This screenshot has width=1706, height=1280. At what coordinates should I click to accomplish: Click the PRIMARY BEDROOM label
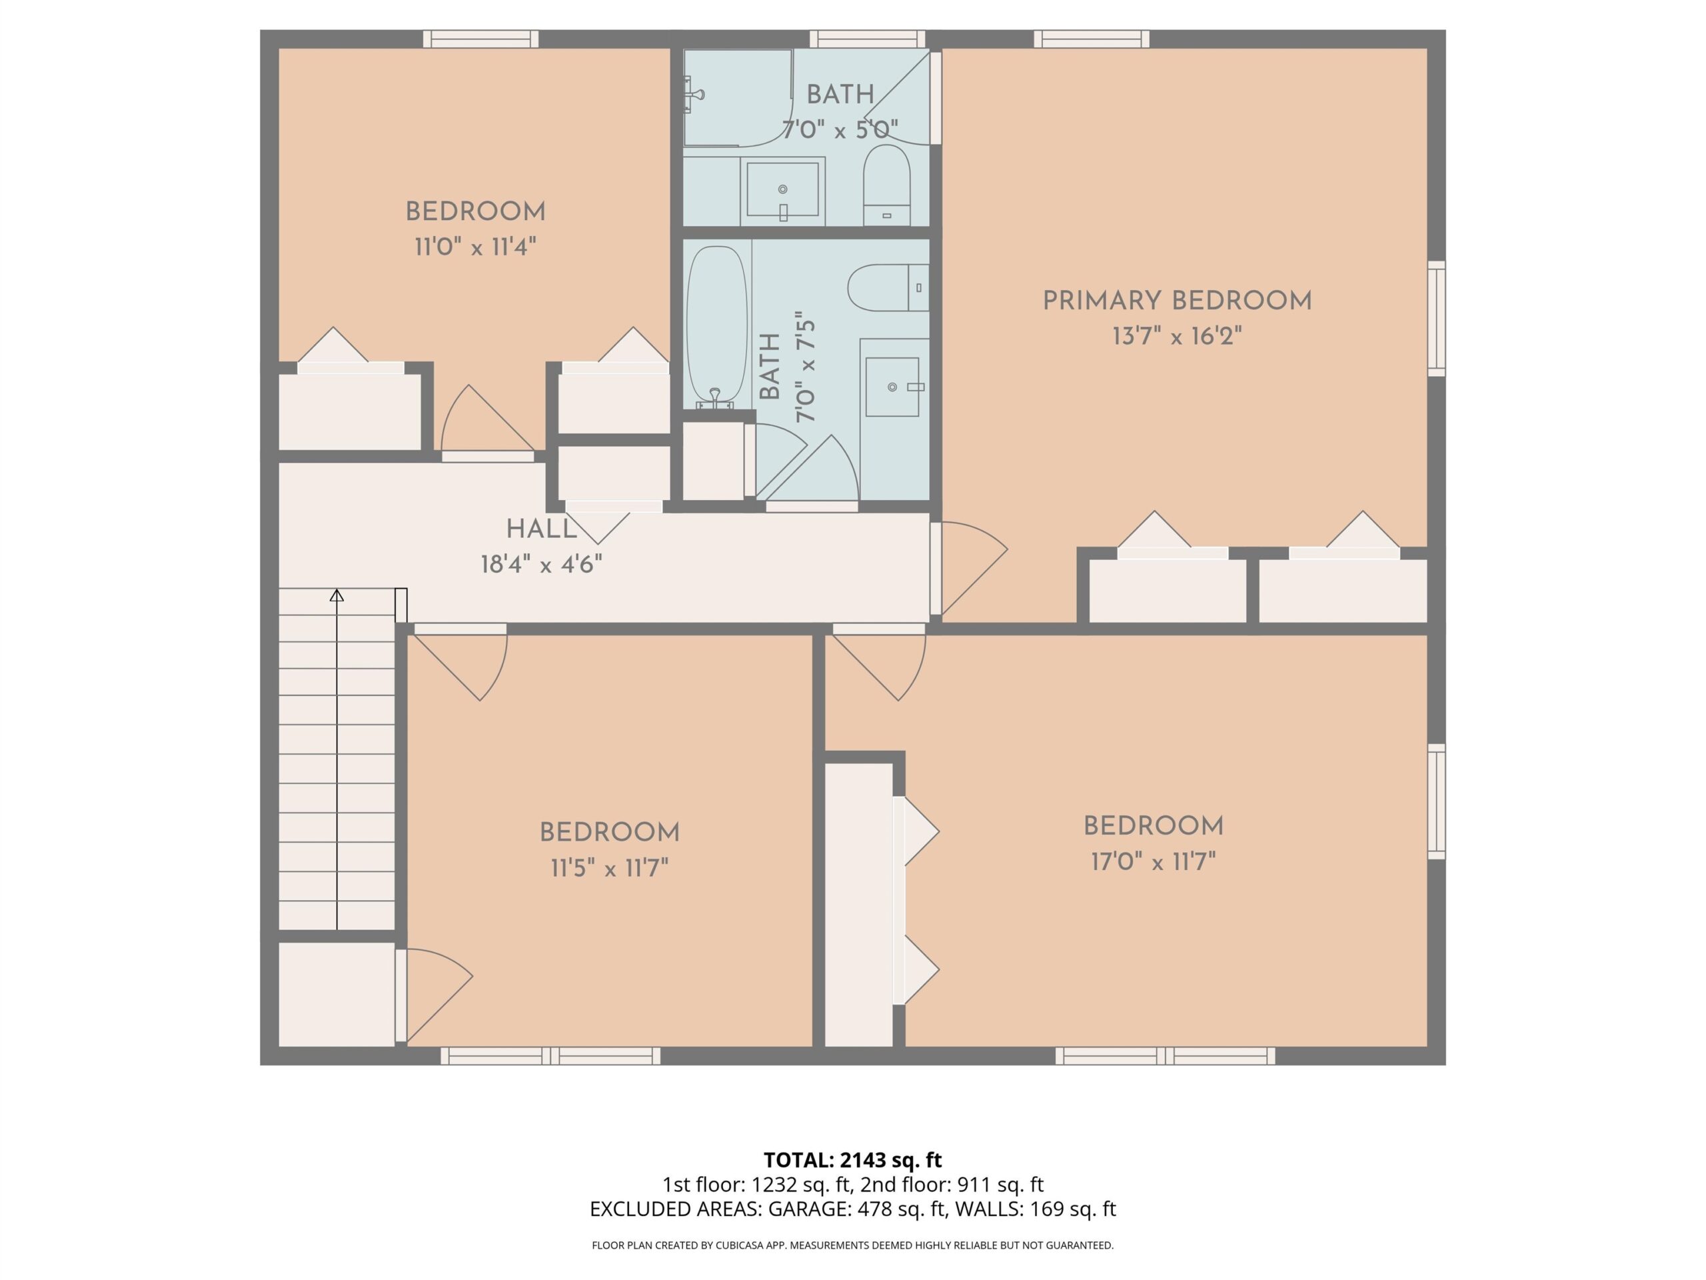1177,301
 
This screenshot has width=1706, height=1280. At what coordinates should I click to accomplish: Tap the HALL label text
541,529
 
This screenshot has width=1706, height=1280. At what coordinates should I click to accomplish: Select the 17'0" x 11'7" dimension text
1153,861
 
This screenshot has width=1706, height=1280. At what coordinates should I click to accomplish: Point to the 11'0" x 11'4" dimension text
475,247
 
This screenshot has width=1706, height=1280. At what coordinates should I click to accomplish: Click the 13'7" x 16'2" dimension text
1177,337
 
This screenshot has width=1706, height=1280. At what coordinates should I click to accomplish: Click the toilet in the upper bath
886,185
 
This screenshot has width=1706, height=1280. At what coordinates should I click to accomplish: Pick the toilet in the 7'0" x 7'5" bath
888,288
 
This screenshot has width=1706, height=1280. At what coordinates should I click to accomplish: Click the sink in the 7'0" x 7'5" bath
894,387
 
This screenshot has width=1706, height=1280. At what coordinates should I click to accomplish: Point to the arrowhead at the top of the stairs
337,595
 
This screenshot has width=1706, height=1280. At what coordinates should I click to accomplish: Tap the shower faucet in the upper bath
693,95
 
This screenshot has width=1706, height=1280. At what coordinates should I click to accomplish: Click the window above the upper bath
867,39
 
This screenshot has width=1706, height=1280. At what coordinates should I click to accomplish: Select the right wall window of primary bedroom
1436,319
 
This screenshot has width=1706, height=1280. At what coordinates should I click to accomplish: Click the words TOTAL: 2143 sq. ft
852,1159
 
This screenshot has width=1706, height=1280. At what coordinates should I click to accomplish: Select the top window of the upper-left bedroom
480,39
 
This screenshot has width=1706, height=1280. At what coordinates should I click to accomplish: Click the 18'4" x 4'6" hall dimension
541,565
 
